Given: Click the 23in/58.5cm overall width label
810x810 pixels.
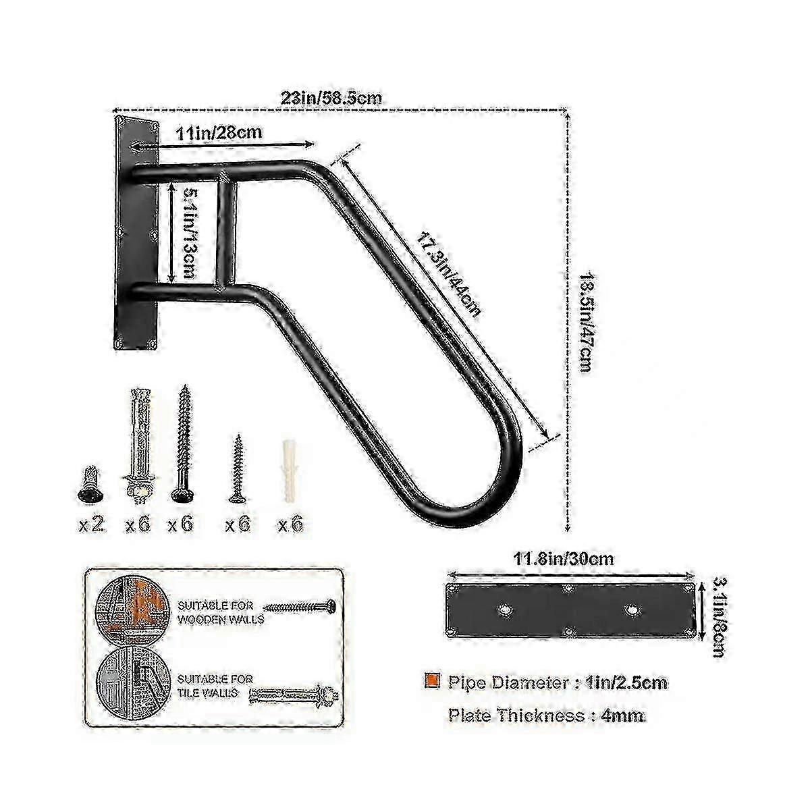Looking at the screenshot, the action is [x=331, y=98].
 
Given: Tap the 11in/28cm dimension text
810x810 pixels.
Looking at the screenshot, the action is [x=219, y=133].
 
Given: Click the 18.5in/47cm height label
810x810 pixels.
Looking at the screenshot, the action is [x=587, y=323].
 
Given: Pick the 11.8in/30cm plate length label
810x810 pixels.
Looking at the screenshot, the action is [x=563, y=559].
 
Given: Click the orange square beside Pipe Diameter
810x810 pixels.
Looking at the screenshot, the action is [x=432, y=680].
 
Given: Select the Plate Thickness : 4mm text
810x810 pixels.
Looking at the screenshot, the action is [x=546, y=715].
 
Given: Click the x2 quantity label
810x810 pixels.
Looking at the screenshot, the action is [x=90, y=525].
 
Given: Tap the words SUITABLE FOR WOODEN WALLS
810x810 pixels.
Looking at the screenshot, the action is [x=221, y=612].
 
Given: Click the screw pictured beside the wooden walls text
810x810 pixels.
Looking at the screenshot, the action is [x=299, y=607].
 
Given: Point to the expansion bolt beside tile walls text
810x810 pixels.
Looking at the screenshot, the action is [x=294, y=697].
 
